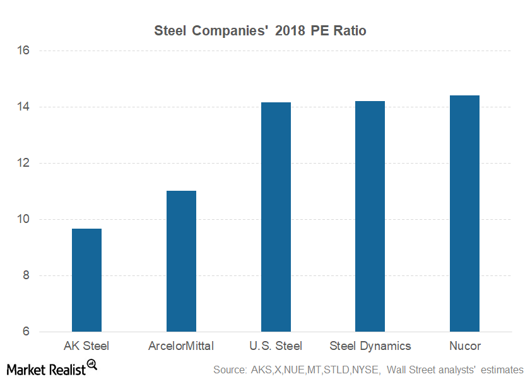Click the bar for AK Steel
(86, 280)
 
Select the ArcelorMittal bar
(181, 261)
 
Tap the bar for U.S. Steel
(276, 217)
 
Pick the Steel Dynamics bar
(370, 216)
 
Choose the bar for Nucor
(464, 214)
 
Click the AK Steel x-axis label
(86, 346)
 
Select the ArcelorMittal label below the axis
(181, 346)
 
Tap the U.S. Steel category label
(276, 346)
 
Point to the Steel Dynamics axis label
(370, 346)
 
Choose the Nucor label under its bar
(464, 346)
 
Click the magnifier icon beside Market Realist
(91, 364)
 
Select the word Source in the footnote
(230, 369)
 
